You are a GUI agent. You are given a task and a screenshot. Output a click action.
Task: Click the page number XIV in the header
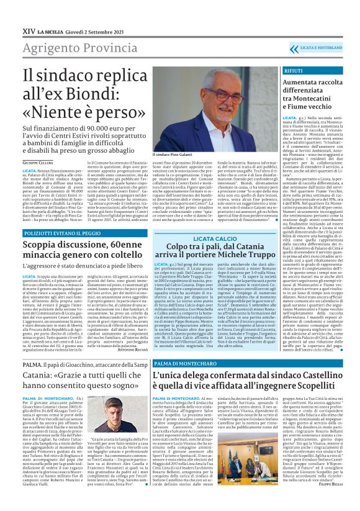point(29,12)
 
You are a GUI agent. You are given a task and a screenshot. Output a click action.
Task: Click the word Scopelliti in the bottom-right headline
point(305,387)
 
